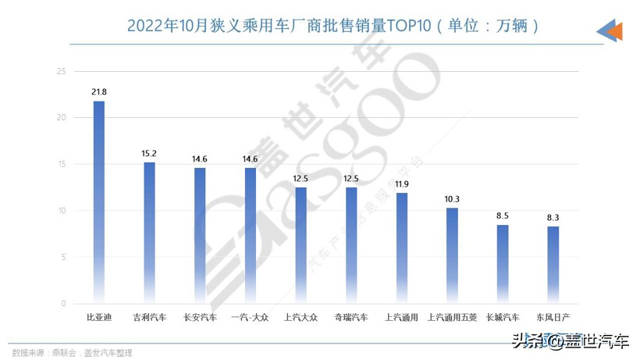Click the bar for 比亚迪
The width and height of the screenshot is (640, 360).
(99, 202)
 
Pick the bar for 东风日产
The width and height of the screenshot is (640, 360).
(553, 265)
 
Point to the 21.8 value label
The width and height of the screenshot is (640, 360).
(99, 92)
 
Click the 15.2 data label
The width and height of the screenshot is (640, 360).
(150, 153)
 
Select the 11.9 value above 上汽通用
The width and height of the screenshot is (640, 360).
(402, 184)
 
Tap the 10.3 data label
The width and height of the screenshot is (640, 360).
(452, 199)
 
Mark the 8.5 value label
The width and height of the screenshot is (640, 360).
(503, 216)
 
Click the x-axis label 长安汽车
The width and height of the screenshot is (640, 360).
(200, 318)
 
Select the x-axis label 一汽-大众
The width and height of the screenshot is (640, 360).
(251, 318)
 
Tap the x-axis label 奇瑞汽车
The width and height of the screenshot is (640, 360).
(351, 318)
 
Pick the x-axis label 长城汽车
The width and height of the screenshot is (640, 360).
(503, 318)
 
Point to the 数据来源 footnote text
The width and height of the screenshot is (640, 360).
(71, 352)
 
